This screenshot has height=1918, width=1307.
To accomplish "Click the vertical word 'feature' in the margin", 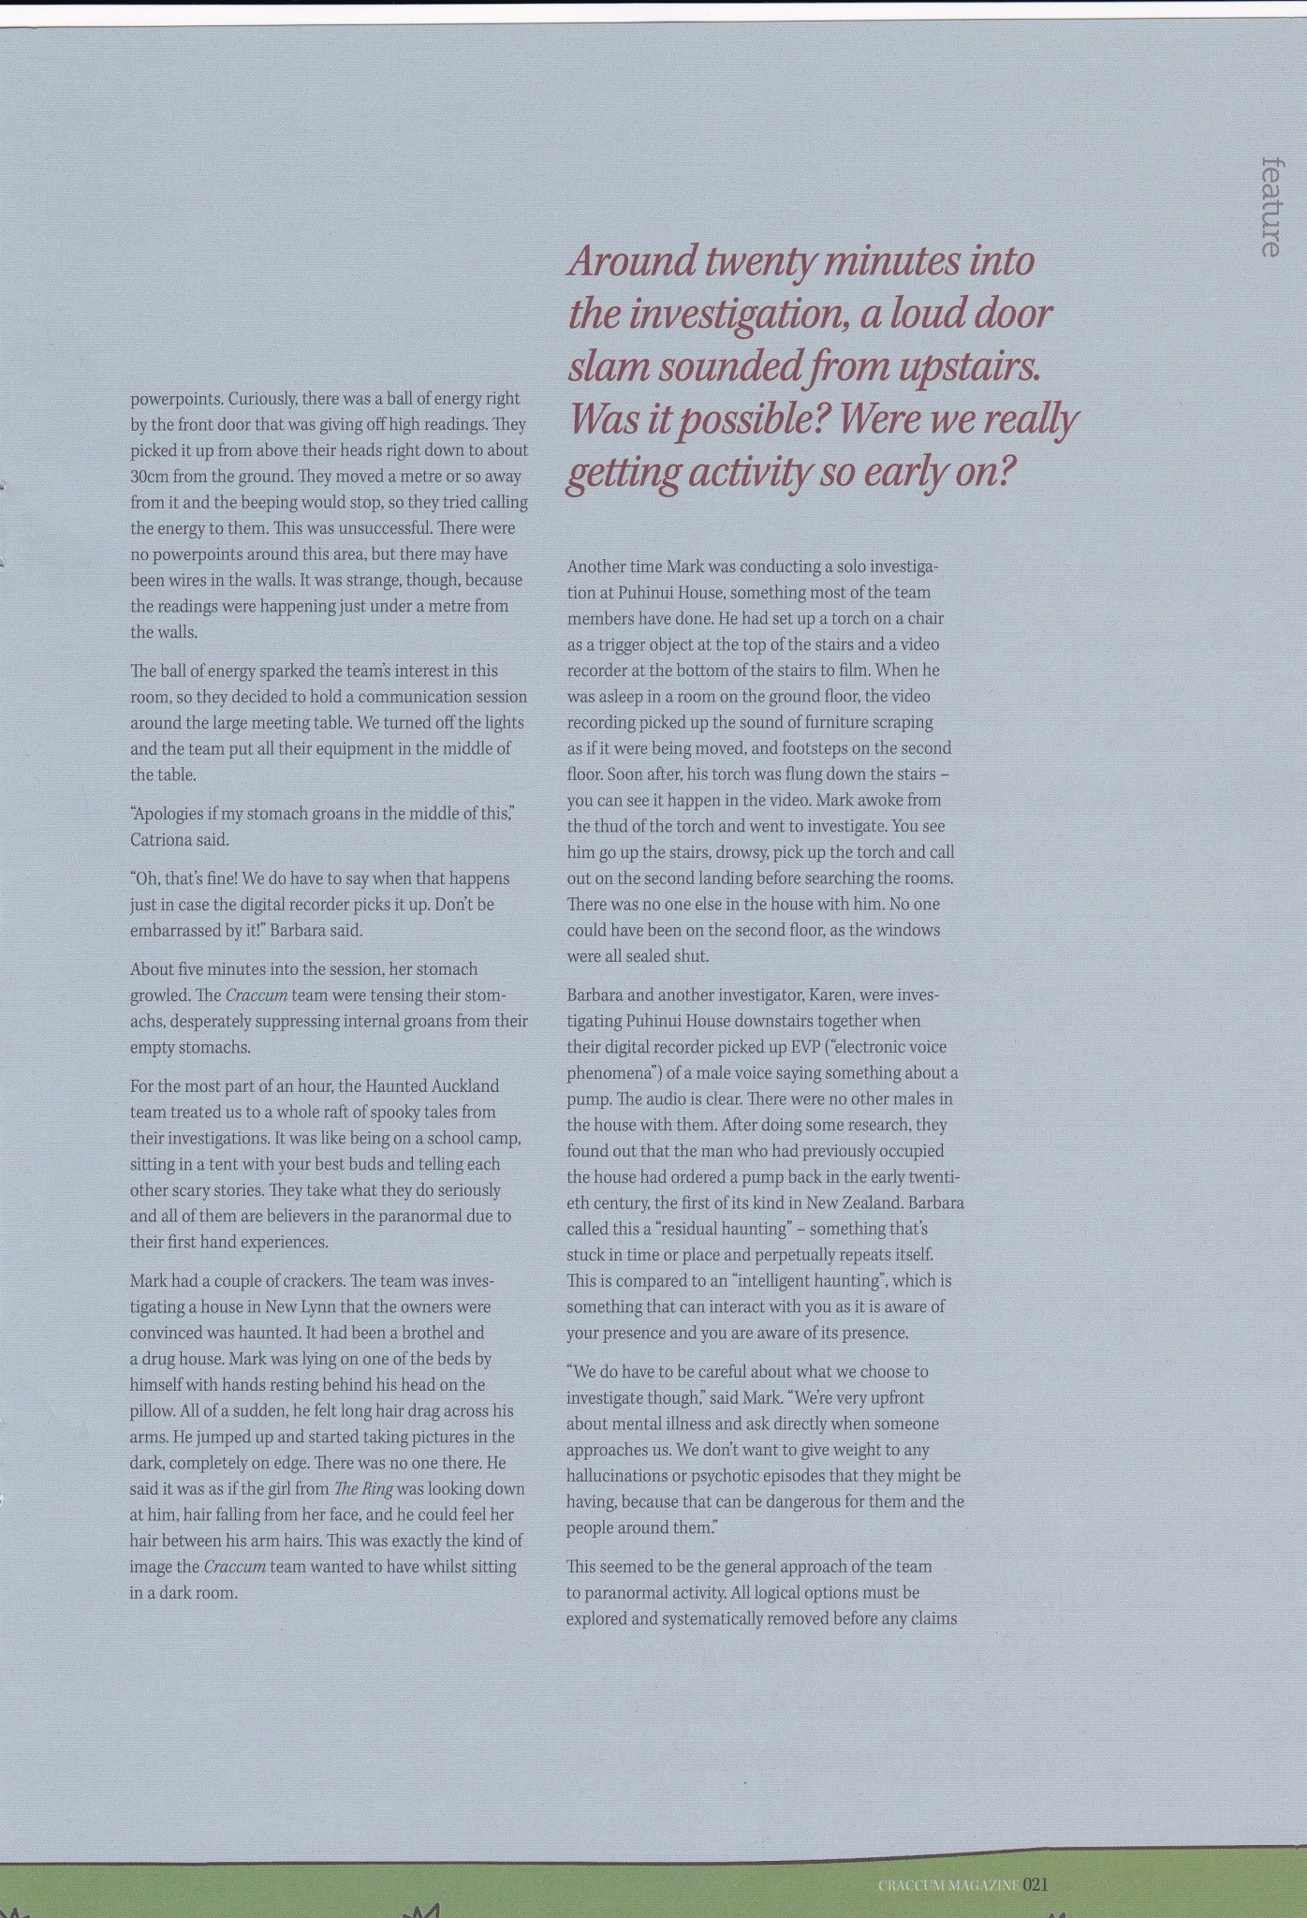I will tap(1270, 207).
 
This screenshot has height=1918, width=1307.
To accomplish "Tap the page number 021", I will tap(1034, 1884).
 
